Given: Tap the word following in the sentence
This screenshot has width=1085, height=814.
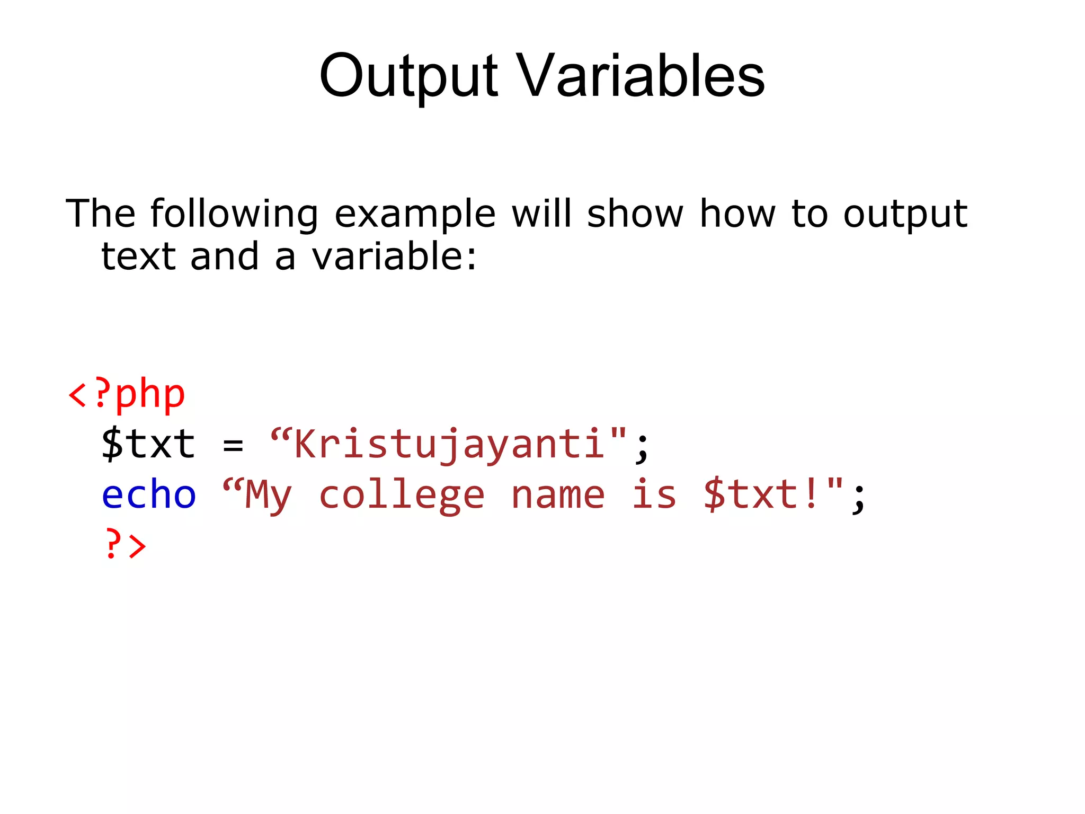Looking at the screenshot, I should click(234, 214).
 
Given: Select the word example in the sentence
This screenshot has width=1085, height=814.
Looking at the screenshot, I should click(415, 214).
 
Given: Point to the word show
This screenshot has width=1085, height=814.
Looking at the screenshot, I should click(635, 214).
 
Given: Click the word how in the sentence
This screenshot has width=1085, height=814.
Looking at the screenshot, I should click(737, 214).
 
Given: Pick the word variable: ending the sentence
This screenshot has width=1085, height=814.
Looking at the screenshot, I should click(394, 256).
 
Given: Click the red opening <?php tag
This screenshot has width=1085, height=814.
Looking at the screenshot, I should click(127, 395).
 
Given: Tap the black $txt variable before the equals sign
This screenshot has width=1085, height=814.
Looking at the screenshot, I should click(148, 444).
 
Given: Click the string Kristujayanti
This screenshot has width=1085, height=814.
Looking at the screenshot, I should click(449, 444).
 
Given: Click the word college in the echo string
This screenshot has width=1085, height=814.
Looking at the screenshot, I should click(402, 496).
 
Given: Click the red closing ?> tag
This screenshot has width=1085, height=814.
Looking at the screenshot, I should click(126, 544).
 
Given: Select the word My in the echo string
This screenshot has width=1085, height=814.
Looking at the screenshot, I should click(268, 496).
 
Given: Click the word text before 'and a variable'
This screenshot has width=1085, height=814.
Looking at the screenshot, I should click(138, 256).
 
